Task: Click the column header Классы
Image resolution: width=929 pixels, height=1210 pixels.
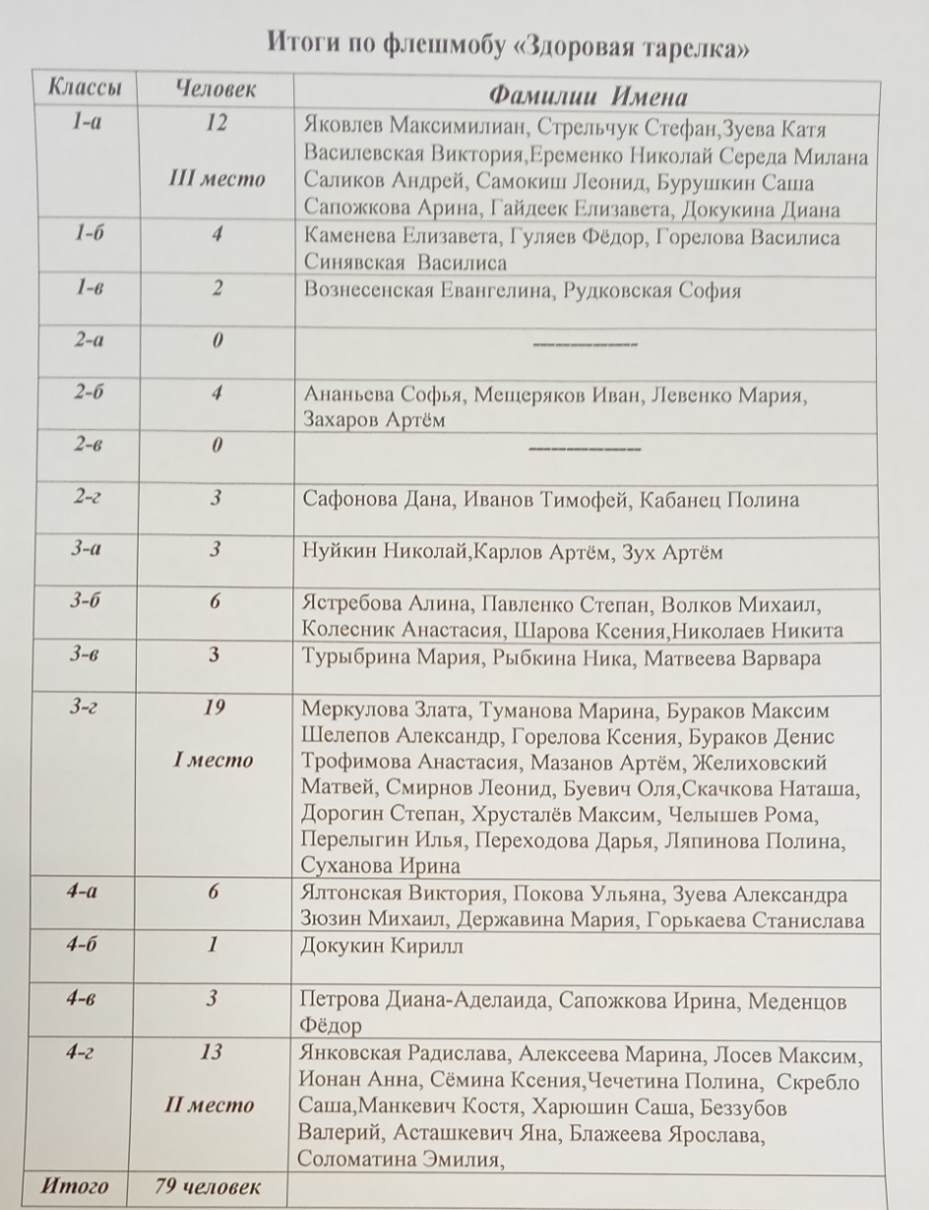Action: point(84,89)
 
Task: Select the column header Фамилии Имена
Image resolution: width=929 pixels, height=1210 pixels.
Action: point(588,96)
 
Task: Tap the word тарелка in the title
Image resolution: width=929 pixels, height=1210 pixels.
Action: point(703,47)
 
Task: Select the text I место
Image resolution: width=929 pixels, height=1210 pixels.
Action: point(214,759)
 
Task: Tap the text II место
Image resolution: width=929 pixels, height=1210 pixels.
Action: point(212,1105)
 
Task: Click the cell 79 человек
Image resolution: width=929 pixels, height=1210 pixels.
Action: point(209,1185)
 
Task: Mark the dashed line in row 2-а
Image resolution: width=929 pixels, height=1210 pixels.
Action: point(585,344)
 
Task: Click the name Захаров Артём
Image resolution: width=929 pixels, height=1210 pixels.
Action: point(375,421)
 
